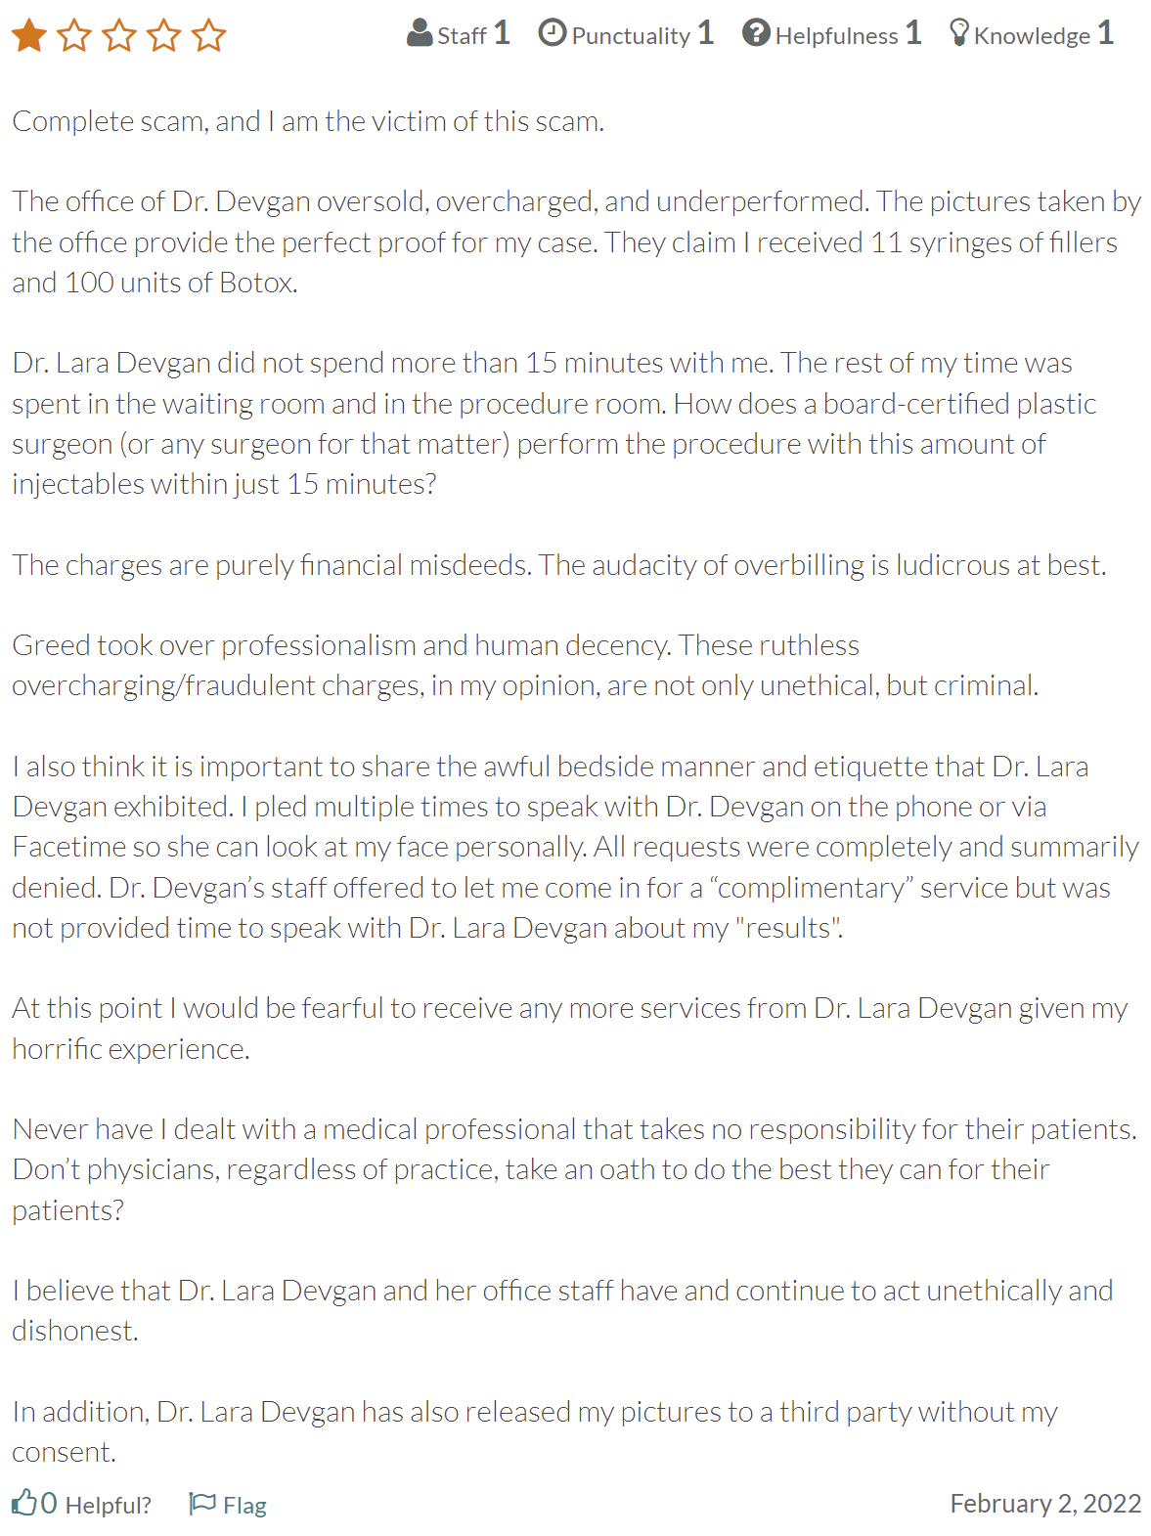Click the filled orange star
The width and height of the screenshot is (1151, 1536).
coord(29,36)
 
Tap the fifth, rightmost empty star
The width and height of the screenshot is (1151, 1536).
coord(208,36)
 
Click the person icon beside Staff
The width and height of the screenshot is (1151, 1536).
coord(420,33)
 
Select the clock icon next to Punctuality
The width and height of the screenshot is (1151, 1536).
coord(553,33)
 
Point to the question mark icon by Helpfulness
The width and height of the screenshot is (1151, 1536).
coord(756,33)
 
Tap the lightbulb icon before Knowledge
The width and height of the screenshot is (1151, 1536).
coord(959,33)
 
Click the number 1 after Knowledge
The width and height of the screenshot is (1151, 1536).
coord(1105,33)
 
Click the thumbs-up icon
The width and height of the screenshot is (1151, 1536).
coord(23,1502)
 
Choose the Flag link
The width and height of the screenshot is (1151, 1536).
coord(229,1504)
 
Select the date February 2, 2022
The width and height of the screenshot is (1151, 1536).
coord(1045,1503)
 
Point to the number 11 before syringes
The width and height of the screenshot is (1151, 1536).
coord(886,241)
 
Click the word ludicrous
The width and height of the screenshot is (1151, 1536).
coord(948,565)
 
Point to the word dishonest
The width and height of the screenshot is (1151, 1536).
coord(74,1331)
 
